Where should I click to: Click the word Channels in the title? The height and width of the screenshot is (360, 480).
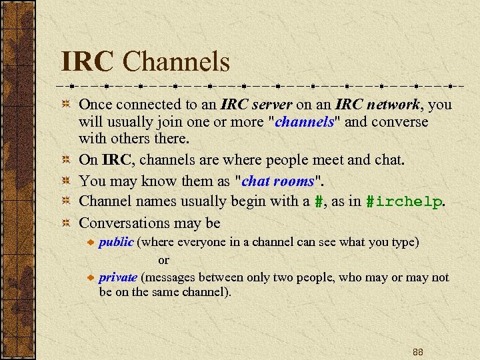pyautogui.click(x=177, y=62)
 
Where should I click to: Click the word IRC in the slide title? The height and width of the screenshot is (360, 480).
pyautogui.click(x=87, y=62)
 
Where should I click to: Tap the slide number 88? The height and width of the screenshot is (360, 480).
pyautogui.click(x=418, y=351)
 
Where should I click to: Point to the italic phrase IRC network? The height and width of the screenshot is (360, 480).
pyautogui.click(x=377, y=105)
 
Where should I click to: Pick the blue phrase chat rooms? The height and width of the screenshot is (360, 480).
pyautogui.click(x=277, y=181)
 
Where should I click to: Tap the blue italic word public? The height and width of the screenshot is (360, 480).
pyautogui.click(x=116, y=242)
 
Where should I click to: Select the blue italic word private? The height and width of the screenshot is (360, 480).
pyautogui.click(x=118, y=277)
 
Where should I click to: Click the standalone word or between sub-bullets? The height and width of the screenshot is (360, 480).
pyautogui.click(x=163, y=260)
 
